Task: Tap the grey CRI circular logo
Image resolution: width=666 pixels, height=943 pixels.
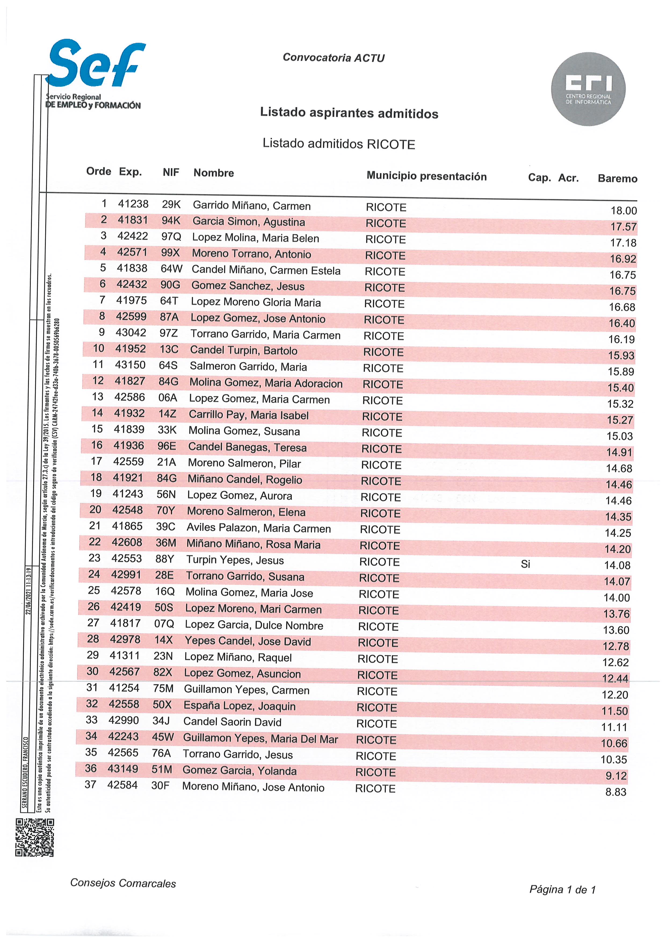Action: (x=588, y=89)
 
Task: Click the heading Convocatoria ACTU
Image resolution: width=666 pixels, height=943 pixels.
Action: (x=334, y=58)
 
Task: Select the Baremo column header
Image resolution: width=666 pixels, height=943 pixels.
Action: (x=617, y=179)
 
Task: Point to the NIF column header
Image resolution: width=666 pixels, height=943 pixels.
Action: (x=171, y=173)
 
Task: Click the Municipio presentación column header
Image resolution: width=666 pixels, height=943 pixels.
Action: (x=426, y=176)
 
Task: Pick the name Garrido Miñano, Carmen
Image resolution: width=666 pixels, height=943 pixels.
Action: (x=252, y=205)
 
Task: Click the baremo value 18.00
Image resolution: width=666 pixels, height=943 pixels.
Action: (x=623, y=211)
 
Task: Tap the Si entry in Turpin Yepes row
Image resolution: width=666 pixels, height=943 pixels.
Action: (x=525, y=564)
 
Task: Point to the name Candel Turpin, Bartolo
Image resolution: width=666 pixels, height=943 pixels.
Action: (x=243, y=351)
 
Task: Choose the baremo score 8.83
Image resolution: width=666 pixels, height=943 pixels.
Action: (x=616, y=792)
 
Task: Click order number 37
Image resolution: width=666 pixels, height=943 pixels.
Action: (x=90, y=785)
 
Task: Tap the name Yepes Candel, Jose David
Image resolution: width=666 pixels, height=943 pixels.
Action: (x=247, y=642)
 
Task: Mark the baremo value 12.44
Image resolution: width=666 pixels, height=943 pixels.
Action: (x=615, y=679)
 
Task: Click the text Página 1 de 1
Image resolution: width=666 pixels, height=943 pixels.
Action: (x=562, y=890)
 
